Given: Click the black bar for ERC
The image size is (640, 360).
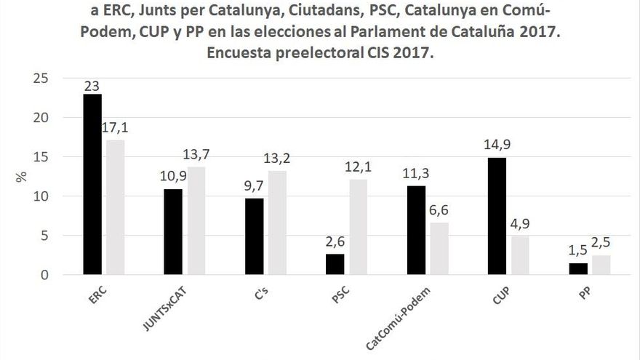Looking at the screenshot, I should click(92, 185).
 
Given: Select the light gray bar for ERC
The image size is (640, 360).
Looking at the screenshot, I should click(115, 208).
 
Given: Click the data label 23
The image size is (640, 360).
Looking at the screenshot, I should click(92, 86).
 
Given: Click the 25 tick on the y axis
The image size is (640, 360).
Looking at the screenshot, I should click(42, 79).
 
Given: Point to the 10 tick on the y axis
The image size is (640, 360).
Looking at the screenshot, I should click(42, 196).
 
